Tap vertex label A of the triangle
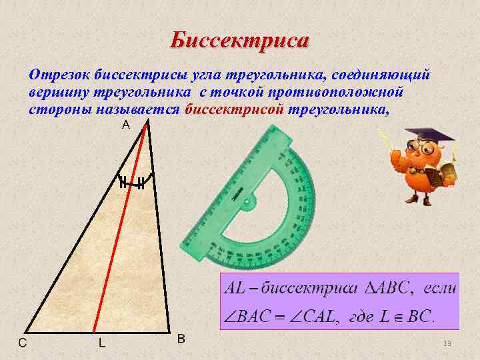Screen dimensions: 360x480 coord(125,125)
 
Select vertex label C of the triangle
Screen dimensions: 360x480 coord(23,343)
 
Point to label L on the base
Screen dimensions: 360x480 coord(101,343)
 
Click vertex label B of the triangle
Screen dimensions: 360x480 coord(181,339)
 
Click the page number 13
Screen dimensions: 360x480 coord(447,343)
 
